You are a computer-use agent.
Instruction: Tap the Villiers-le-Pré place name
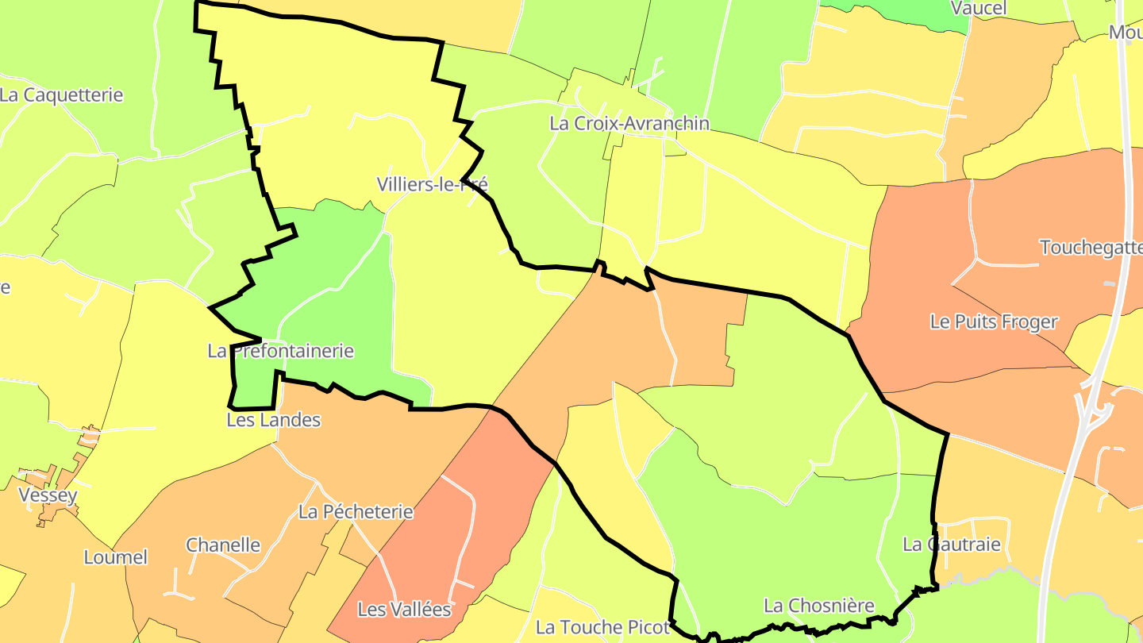(433, 185)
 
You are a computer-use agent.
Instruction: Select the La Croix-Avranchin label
(629, 124)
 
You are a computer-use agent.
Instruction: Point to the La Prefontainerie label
(280, 351)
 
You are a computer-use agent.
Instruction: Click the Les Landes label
(274, 420)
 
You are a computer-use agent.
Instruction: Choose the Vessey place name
(48, 496)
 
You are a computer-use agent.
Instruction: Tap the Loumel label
(116, 557)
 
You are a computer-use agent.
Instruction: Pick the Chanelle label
(223, 545)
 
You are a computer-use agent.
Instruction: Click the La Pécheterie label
(356, 512)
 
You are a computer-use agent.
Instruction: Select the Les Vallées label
(405, 610)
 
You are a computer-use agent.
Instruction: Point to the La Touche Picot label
(602, 627)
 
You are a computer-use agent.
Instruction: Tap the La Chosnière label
(818, 606)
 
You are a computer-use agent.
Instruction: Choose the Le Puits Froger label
(994, 321)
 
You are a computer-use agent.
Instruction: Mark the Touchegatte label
(1091, 248)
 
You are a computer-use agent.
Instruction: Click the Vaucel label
(979, 9)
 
